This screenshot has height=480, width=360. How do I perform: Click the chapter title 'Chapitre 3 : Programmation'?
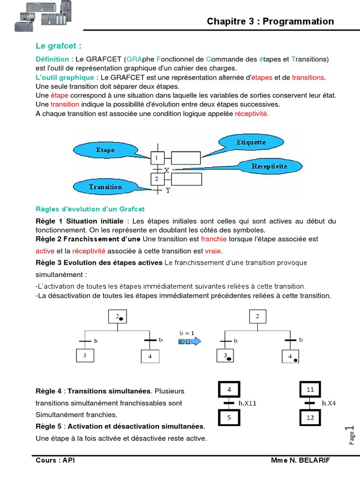tap(270, 22)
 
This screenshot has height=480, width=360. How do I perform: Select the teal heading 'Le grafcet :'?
tap(59, 46)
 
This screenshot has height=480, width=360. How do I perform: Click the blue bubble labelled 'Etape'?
tap(105, 150)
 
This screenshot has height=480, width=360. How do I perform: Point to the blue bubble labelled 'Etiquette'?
tap(251, 142)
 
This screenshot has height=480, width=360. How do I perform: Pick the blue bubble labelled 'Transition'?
tap(105, 187)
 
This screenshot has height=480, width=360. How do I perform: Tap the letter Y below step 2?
tap(167, 191)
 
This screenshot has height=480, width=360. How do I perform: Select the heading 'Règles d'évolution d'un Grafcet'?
tap(90, 209)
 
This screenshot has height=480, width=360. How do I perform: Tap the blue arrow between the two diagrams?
tap(189, 342)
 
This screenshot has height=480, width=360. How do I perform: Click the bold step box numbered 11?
tap(309, 389)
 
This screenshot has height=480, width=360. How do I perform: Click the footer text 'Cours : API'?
tap(55, 460)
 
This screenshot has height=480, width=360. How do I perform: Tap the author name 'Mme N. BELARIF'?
tap(300, 460)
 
